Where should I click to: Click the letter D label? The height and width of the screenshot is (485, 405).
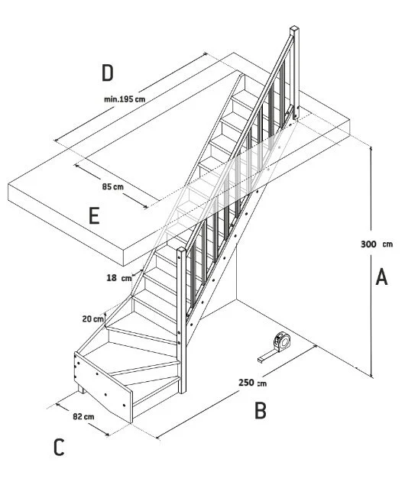[107, 73]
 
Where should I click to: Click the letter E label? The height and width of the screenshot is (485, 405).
[94, 215]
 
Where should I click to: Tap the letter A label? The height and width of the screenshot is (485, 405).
[381, 276]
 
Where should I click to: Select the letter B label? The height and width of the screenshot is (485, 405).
[261, 410]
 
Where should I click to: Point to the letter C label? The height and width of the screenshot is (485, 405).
[59, 448]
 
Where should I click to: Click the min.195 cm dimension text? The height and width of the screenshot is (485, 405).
[125, 99]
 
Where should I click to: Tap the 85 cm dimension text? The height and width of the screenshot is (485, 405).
[112, 187]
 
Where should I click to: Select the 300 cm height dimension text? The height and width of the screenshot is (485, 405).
[377, 244]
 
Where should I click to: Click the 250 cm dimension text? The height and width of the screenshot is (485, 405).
[252, 383]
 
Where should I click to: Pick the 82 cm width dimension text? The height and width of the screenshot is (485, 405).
[83, 416]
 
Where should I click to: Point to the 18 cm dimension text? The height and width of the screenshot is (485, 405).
[119, 278]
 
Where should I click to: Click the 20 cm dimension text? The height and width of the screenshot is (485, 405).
[92, 319]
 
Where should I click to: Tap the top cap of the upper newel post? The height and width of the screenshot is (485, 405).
[294, 28]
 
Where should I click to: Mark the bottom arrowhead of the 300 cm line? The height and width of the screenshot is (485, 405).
[371, 374]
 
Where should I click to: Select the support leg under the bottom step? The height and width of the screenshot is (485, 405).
[81, 389]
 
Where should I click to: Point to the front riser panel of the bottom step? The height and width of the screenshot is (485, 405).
[103, 388]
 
